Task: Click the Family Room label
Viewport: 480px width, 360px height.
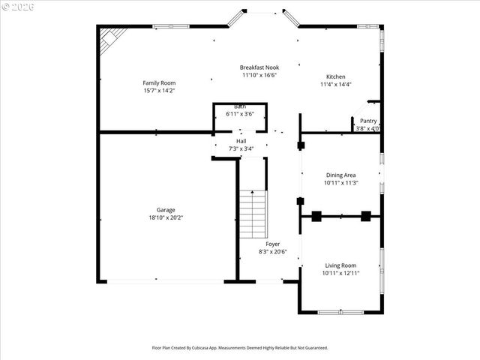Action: [159, 82]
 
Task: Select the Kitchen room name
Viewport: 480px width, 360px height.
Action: [335, 76]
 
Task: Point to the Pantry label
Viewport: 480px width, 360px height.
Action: [368, 121]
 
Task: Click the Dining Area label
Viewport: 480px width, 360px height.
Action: [340, 175]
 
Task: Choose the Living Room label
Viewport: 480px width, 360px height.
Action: [340, 265]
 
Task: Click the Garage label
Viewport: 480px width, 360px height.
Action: [166, 210]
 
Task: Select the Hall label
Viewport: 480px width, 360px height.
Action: [241, 141]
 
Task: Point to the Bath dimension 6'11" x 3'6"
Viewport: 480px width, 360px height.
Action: [240, 114]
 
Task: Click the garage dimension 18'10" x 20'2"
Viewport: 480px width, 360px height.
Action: [166, 217]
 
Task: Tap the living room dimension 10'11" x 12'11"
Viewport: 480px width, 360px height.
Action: [340, 273]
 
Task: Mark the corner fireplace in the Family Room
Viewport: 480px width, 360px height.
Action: [112, 39]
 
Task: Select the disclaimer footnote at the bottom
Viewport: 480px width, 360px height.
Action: [240, 348]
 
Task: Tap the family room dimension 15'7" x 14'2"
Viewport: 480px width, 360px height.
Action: [159, 90]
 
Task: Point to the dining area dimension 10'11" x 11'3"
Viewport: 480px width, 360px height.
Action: [340, 182]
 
